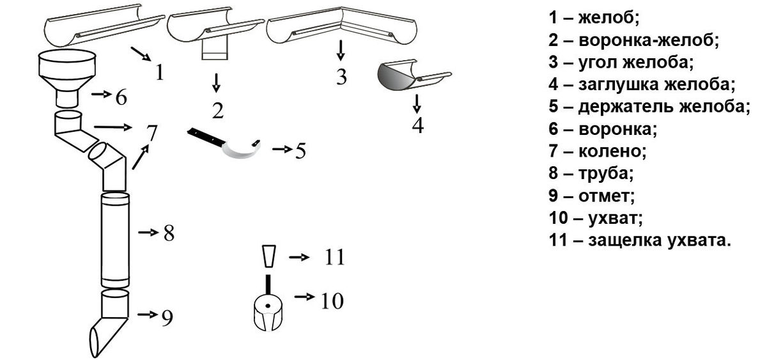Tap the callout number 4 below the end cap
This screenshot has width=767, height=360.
pos(418,125)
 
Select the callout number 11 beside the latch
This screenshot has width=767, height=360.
pos(334,257)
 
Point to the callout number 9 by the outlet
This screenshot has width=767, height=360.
pos(167,318)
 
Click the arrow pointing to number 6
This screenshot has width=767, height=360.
pos(102,94)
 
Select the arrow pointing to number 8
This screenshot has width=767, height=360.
pos(148,232)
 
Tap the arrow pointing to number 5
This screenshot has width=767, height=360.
pos(283,149)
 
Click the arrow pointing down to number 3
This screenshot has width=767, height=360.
pos(340,51)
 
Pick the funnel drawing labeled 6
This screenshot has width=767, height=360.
pos(66,79)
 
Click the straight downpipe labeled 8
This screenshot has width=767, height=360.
pos(115,240)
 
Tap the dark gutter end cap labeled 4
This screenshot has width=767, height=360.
pos(414,76)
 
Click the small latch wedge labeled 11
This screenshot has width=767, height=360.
pos(269,256)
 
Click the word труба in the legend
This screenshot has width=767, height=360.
pos(606,173)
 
